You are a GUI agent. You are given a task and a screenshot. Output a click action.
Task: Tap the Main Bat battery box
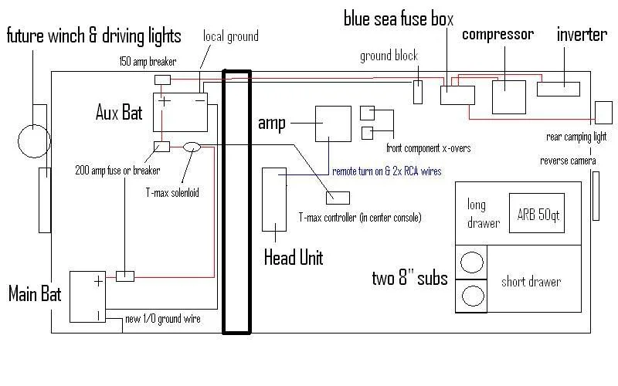pyautogui.click(x=90, y=296)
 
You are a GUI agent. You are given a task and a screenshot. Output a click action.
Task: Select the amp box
pyautogui.click(x=332, y=123)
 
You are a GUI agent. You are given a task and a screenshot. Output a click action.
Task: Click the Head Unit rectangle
pyautogui.click(x=274, y=198)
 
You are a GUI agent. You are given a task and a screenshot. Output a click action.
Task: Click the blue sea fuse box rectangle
pyautogui.click(x=457, y=96)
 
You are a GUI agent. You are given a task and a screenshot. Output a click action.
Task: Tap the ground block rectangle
pyautogui.click(x=418, y=91)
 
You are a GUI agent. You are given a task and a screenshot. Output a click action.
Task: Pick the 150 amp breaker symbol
pyautogui.click(x=162, y=80)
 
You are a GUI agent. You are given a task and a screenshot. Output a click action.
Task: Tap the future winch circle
pyautogui.click(x=33, y=141)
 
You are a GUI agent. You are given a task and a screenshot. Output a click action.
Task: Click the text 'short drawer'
pyautogui.click(x=531, y=282)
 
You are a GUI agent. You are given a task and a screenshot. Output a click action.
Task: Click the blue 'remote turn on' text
pyautogui.click(x=386, y=171)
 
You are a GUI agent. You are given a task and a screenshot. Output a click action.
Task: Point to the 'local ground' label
pyautogui.click(x=230, y=36)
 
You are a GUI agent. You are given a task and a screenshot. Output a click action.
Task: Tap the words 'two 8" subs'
pyautogui.click(x=409, y=278)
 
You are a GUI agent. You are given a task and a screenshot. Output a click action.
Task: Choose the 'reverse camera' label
pyautogui.click(x=569, y=161)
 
